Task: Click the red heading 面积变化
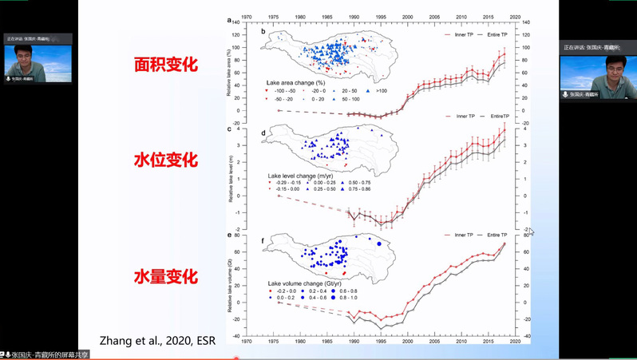coord(165,64)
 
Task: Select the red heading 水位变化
coord(165,160)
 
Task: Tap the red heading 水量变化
coord(165,276)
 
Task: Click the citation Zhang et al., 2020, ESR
coord(157,341)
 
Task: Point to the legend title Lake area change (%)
coord(295,83)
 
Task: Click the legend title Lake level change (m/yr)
coord(300,175)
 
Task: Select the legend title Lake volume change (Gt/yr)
coord(304,283)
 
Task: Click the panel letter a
coord(229,21)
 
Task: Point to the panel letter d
coord(263,133)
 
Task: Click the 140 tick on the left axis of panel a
coord(236,23)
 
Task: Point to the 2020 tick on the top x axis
coord(515,16)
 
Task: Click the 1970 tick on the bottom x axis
coord(247,341)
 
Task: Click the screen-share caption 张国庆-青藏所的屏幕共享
coord(49,354)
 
